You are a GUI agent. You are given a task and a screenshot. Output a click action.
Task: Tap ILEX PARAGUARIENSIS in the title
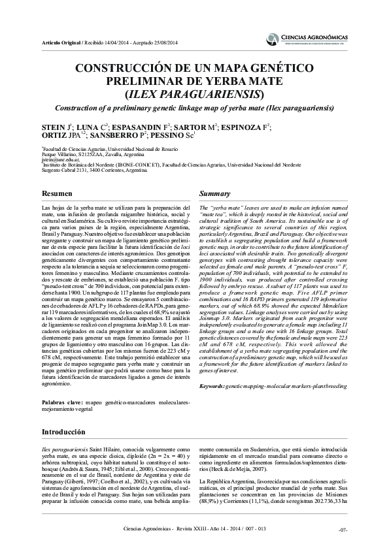[x=194, y=93]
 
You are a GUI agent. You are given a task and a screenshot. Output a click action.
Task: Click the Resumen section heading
[x=57, y=194]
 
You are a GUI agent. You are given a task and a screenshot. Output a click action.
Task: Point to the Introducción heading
[x=63, y=432]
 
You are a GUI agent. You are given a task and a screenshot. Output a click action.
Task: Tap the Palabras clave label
[x=62, y=403]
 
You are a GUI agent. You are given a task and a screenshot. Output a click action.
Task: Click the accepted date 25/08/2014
[x=168, y=41]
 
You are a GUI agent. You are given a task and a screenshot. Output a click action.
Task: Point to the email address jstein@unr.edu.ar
[x=61, y=159]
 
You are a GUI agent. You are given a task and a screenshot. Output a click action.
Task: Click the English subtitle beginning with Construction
[x=194, y=108]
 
